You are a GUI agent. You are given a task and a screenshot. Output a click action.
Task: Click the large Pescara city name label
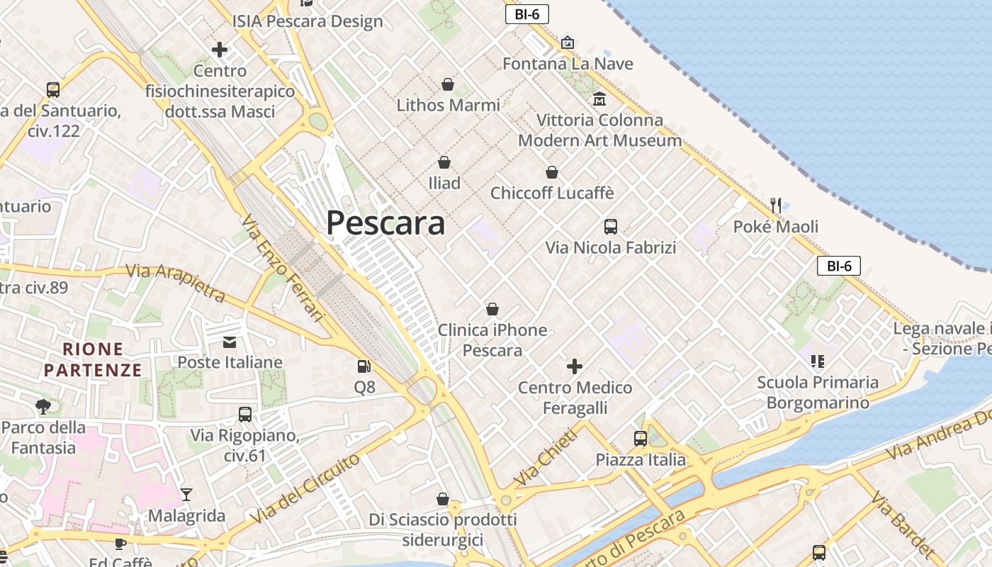pos(385,223)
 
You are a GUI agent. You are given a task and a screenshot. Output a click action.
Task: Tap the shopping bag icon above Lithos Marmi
pos(448,85)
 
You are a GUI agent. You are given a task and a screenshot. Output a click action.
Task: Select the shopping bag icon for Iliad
pos(444,163)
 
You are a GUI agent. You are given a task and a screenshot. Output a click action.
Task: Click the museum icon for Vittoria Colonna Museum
pos(599,99)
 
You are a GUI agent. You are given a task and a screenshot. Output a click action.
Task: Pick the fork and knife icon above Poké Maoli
pos(776,206)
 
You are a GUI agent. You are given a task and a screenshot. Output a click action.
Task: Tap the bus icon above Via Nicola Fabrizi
pos(611,227)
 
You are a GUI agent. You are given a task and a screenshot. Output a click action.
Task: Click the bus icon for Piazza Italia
pos(641,439)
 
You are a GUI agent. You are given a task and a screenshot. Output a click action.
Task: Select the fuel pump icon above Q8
pos(364,366)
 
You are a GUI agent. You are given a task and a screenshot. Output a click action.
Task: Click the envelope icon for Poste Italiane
pos(230,342)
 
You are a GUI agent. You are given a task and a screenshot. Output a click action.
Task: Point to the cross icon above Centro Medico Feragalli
pos(575,366)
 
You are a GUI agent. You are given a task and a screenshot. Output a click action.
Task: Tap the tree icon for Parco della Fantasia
pos(43,407)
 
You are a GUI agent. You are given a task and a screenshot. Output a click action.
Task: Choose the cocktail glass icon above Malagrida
pos(186,495)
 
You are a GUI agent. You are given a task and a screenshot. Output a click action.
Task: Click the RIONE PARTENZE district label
pos(93,359)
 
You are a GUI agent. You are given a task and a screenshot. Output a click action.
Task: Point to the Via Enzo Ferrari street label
pos(282,269)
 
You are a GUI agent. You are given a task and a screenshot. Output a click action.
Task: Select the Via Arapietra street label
pos(176,283)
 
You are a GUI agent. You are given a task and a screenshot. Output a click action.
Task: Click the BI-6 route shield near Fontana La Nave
pos(527,14)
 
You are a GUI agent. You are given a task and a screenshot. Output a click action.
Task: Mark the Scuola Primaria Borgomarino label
pos(818,393)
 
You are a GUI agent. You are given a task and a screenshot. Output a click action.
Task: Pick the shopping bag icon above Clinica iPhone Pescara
pos(492,310)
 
